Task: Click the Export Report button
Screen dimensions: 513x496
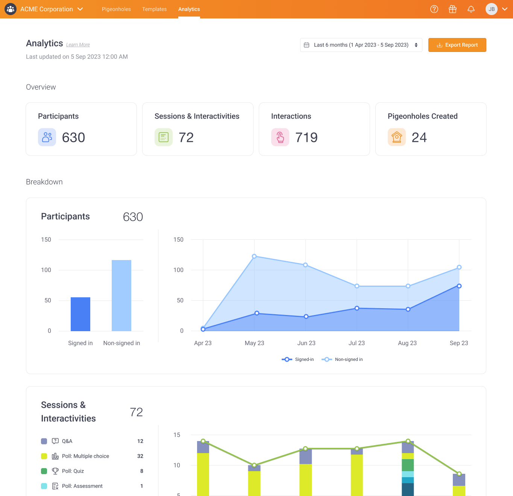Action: [x=457, y=45]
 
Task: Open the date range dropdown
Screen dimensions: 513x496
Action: [x=361, y=45]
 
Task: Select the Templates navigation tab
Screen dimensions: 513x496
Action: [x=155, y=9]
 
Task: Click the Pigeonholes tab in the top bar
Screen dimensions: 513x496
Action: [x=116, y=9]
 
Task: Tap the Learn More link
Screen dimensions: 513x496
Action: [x=78, y=44]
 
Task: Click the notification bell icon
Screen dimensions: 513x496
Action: [x=471, y=9]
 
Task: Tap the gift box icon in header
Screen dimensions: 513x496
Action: [x=452, y=9]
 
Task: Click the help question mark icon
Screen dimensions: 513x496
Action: [x=434, y=9]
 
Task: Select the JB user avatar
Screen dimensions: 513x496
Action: [x=492, y=9]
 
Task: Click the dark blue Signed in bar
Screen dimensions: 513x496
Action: [x=80, y=314]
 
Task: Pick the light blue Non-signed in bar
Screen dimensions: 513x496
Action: [x=121, y=295]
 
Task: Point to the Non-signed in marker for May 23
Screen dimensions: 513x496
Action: [x=254, y=256]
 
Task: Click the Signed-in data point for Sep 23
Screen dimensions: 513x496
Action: [x=459, y=286]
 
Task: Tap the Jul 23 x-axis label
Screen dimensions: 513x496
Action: [x=357, y=343]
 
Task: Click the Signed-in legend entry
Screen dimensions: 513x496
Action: [x=297, y=359]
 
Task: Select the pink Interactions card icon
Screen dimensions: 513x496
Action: [x=280, y=137]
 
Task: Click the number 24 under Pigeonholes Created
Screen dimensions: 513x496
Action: [x=419, y=137]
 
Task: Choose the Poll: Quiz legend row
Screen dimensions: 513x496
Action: [x=92, y=471]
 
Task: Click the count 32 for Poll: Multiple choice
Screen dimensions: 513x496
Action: [x=140, y=456]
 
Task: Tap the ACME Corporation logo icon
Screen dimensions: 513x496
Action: [x=11, y=9]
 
